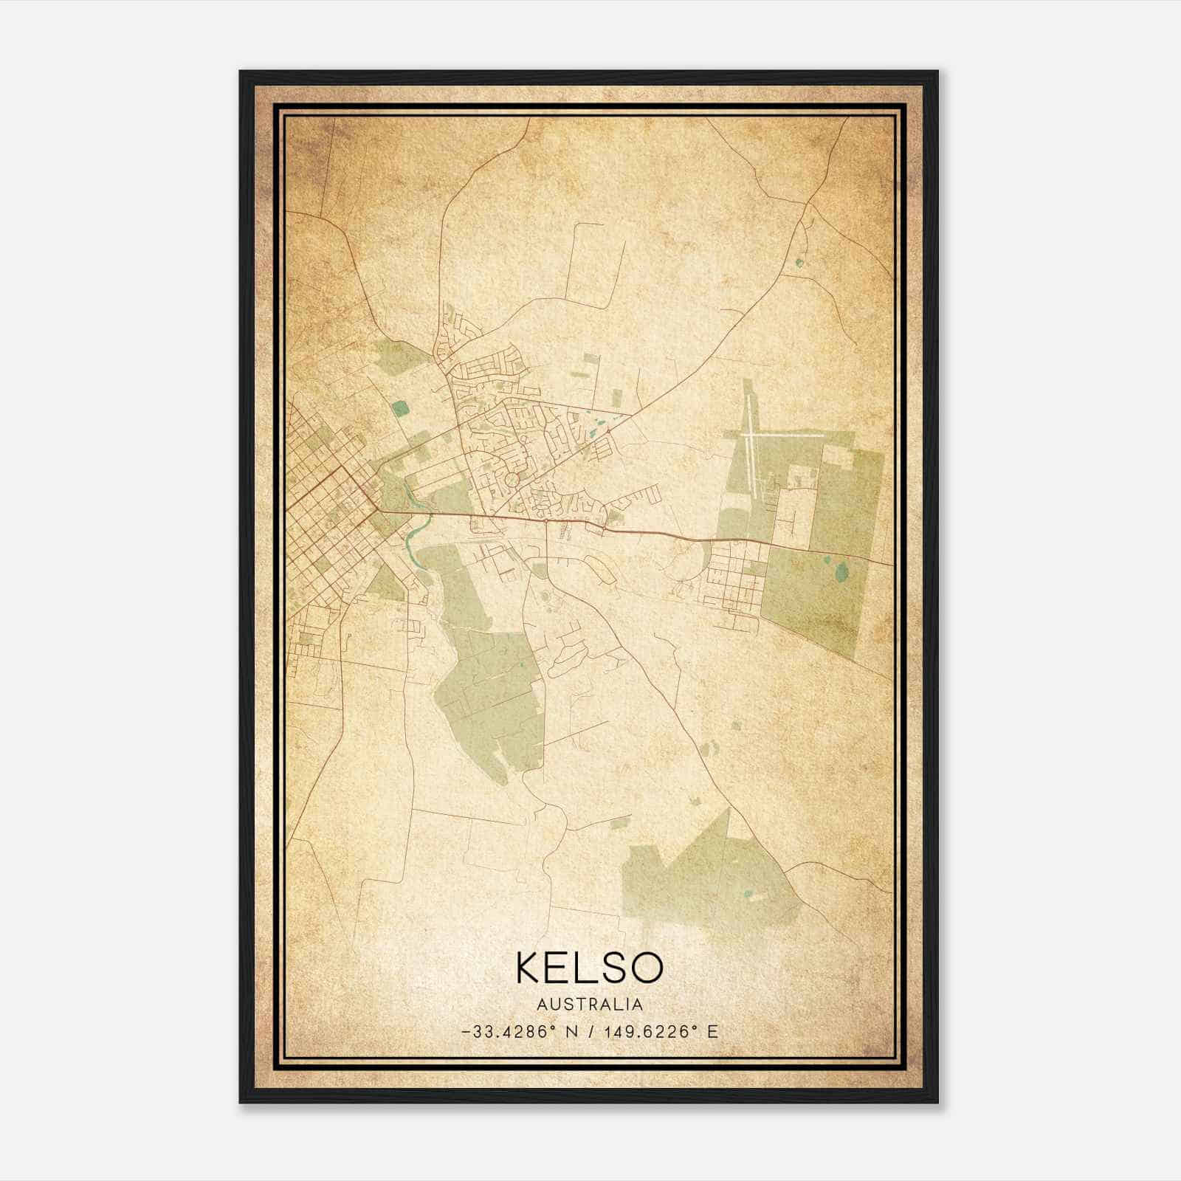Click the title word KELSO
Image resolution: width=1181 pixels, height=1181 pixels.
[x=590, y=968]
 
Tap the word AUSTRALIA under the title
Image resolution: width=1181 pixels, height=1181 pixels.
[x=590, y=1005]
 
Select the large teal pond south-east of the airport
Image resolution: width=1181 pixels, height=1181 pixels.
[x=841, y=571]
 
